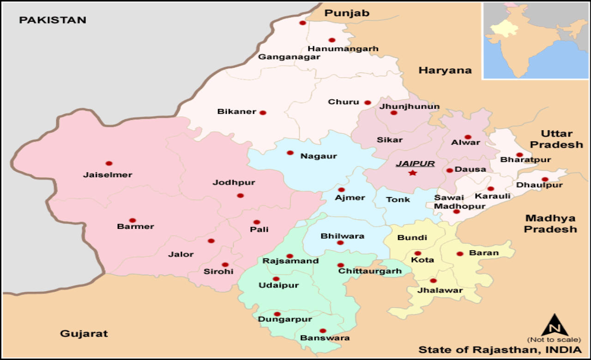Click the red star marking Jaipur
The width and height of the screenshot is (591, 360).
[412, 173]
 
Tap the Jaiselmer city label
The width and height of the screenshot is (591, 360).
[108, 175]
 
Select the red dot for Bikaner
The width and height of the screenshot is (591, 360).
[263, 113]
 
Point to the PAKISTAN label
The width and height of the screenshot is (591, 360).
[53, 20]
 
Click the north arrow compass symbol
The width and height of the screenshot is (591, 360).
[555, 325]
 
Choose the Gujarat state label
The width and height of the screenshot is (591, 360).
[84, 333]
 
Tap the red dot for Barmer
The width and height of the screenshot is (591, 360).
[133, 220]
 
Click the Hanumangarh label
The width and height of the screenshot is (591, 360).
[343, 48]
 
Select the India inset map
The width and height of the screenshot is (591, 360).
[535, 40]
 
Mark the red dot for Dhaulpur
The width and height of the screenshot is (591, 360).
[545, 180]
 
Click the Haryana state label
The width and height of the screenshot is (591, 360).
[445, 70]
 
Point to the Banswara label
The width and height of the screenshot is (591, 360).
[325, 338]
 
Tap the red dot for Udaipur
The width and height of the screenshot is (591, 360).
[276, 279]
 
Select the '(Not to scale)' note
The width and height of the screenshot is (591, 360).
[554, 340]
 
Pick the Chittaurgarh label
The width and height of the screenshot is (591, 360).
[370, 271]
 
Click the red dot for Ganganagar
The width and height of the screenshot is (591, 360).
[302, 23]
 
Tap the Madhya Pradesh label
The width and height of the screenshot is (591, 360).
[550, 223]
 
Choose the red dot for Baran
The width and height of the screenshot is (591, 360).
[460, 253]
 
